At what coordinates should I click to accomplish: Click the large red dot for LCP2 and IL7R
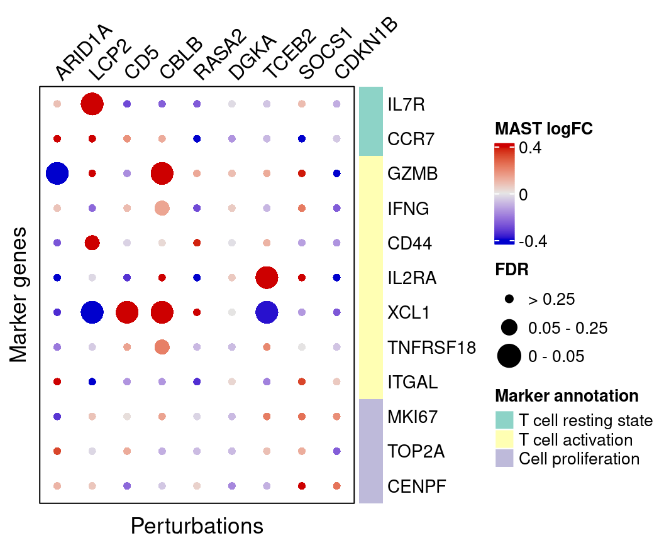tap(92, 104)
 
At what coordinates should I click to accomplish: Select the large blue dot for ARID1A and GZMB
tap(57, 173)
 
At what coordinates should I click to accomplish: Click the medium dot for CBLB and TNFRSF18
tap(162, 346)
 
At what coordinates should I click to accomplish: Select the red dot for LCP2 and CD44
tap(92, 243)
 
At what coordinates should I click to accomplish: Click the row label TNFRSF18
tap(431, 348)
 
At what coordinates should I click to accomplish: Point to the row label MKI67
tap(412, 417)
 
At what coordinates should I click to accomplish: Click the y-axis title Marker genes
tap(20, 295)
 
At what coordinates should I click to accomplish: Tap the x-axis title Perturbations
tap(197, 525)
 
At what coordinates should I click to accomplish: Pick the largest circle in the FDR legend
tap(509, 356)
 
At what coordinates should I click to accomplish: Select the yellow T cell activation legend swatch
tap(504, 439)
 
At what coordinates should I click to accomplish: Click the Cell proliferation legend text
tap(579, 459)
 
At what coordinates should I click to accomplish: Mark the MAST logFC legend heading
tap(544, 128)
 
